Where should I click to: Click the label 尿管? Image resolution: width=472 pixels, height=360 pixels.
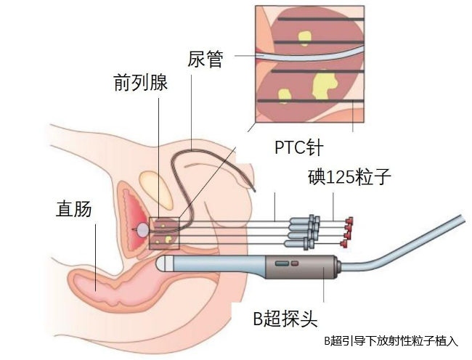pos(205,60)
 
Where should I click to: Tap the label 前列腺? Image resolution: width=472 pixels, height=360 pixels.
pos(141,83)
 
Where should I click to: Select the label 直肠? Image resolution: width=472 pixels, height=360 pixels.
pos(74,209)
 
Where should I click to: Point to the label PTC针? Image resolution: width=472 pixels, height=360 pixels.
pos(299,147)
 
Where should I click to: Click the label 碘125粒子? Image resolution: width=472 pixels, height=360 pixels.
pos(349,177)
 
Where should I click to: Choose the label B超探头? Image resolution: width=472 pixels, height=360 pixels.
pos(285,318)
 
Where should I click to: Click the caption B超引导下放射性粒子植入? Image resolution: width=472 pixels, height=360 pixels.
pos(391,341)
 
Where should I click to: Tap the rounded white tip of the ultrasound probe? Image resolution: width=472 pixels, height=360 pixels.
pos(162,263)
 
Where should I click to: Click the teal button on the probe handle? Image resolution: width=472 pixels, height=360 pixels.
pos(282,263)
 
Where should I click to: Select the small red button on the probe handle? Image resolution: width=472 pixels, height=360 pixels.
pos(295,263)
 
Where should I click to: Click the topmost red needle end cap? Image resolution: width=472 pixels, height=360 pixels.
pos(349,221)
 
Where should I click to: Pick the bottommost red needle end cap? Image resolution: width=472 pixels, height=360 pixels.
pos(344,244)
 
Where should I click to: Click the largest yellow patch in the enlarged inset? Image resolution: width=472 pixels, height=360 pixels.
pos(324,85)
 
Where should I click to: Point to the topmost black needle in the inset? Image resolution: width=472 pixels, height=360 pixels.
pos(321,20)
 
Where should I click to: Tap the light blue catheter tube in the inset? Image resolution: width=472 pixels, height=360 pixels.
pos(310,55)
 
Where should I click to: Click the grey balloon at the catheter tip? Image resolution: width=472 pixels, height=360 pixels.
pos(142,230)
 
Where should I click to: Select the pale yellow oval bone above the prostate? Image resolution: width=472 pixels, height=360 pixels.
pos(156,189)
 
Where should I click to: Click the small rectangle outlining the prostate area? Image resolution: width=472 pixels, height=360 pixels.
pos(164,234)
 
